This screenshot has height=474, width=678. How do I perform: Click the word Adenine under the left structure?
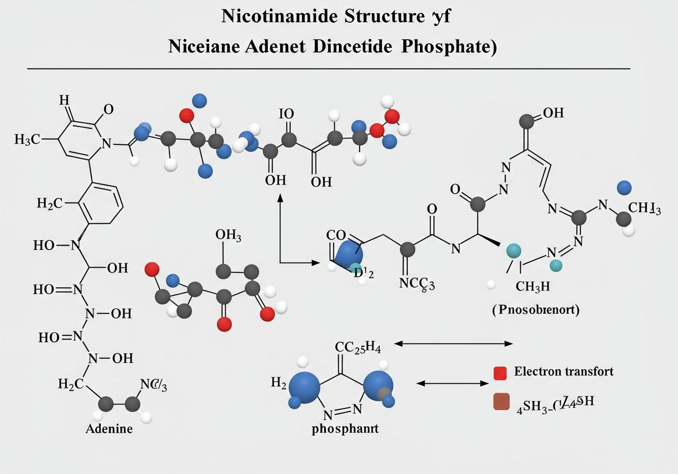(x=109, y=428)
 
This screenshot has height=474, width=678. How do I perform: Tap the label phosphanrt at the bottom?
(x=345, y=429)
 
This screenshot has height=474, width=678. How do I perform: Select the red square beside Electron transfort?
(x=501, y=373)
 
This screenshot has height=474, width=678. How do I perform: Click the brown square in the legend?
(x=501, y=402)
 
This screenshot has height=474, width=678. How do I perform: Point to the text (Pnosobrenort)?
(x=536, y=310)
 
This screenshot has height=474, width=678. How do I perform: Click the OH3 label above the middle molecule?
(x=228, y=235)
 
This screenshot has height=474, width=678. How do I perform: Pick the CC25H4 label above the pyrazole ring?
(x=358, y=347)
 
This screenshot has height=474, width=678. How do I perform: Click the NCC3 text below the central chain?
(x=417, y=284)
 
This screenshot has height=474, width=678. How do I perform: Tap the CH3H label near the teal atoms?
(x=533, y=286)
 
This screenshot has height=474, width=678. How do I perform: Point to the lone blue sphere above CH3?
(x=625, y=187)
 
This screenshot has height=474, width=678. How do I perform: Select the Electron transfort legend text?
(x=564, y=371)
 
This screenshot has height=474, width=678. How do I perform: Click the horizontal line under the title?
(x=328, y=69)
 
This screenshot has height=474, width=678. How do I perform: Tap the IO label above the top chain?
(x=286, y=113)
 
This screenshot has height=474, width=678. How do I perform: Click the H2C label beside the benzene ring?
(x=50, y=203)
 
